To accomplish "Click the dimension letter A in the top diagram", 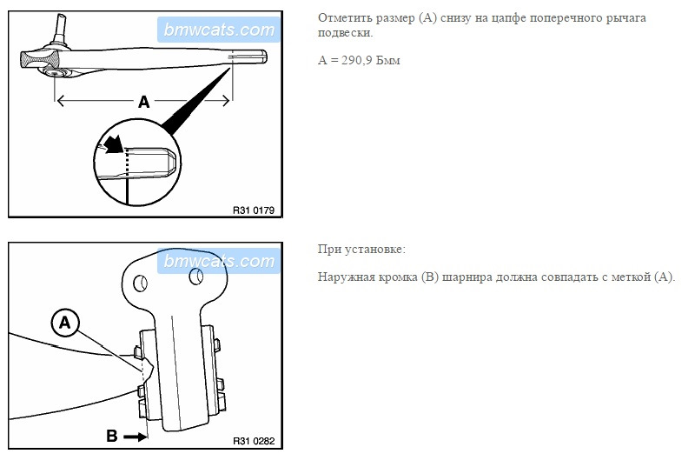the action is pyautogui.click(x=143, y=102).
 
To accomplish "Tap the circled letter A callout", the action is pyautogui.click(x=64, y=323).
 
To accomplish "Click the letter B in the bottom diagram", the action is pyautogui.click(x=112, y=436).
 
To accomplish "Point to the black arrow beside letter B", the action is pyautogui.click(x=136, y=437).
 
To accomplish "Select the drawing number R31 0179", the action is pyautogui.click(x=254, y=210).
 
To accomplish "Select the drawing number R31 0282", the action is pyautogui.click(x=254, y=441).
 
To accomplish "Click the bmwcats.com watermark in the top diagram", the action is pyautogui.click(x=219, y=30).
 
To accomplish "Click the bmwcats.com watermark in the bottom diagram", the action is pyautogui.click(x=219, y=261).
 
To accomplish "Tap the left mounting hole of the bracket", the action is pyautogui.click(x=141, y=283).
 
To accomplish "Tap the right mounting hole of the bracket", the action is pyautogui.click(x=196, y=277).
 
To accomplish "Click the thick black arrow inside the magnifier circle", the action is pyautogui.click(x=114, y=144).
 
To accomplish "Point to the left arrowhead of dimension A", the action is pyautogui.click(x=62, y=101).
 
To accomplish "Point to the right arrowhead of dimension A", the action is pyautogui.click(x=226, y=101).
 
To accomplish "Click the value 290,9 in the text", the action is pyautogui.click(x=357, y=60).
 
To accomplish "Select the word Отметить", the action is pyautogui.click(x=345, y=18).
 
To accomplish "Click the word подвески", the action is pyautogui.click(x=345, y=33).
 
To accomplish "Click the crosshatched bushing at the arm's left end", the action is pyautogui.click(x=40, y=59).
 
